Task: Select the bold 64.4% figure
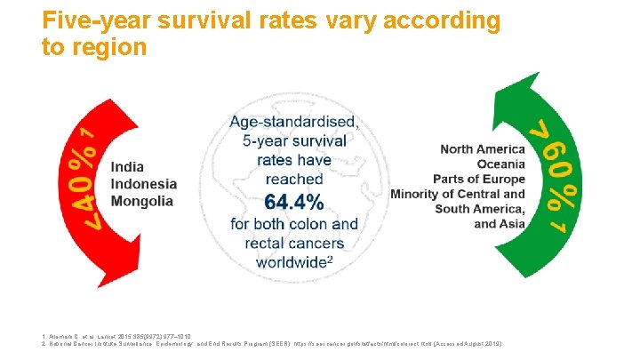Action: point(293,202)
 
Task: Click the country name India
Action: point(127,167)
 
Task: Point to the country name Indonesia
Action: point(143,184)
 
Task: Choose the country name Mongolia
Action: point(141,201)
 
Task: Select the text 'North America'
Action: point(483,148)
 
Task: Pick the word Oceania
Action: point(500,164)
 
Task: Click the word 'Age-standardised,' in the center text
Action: point(294,122)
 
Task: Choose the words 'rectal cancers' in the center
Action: point(293,243)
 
